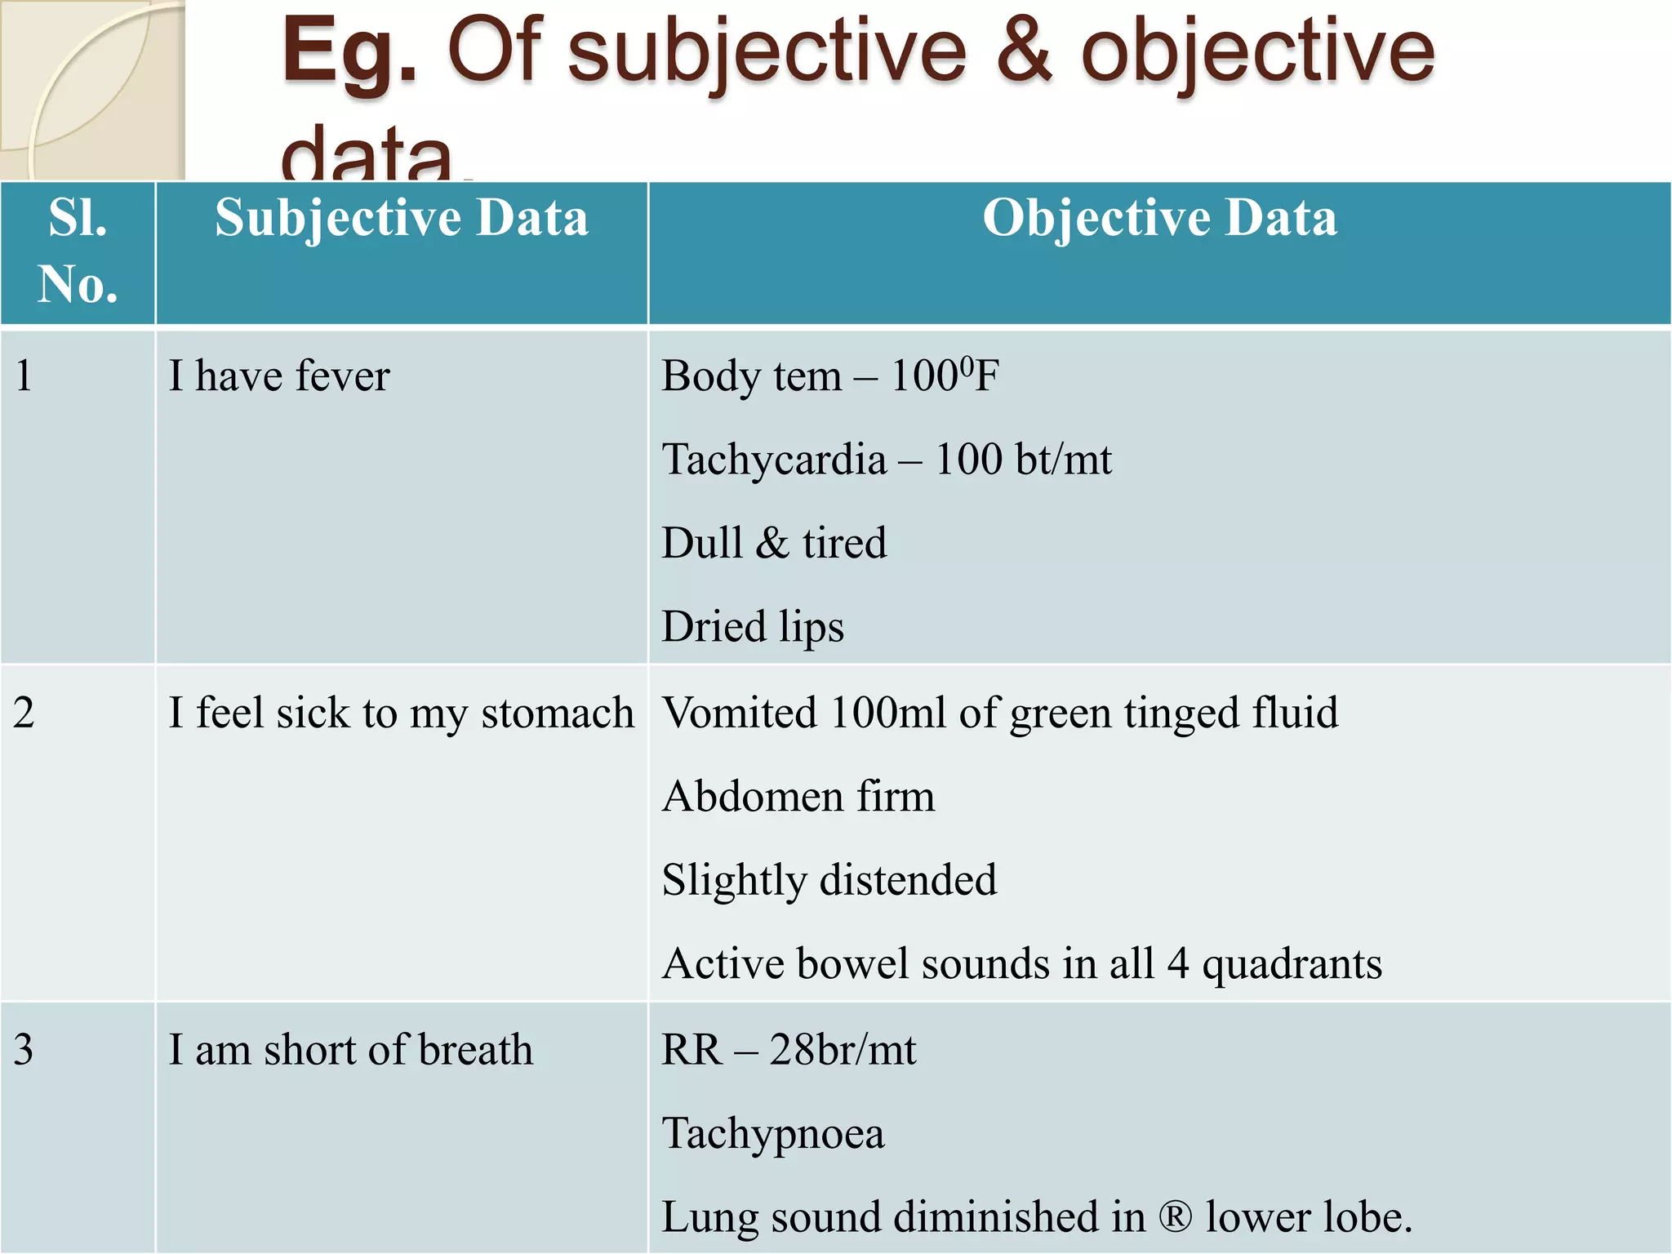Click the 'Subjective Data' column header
pyautogui.click(x=401, y=219)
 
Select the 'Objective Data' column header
pyautogui.click(x=1159, y=219)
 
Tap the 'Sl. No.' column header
pyautogui.click(x=78, y=251)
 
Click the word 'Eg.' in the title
pyautogui.click(x=349, y=54)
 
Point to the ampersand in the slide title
pyautogui.click(x=1024, y=52)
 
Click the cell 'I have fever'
pyautogui.click(x=279, y=376)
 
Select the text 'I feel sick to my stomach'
pyautogui.click(x=401, y=714)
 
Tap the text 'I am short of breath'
pyautogui.click(x=350, y=1050)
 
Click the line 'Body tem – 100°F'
pyautogui.click(x=829, y=376)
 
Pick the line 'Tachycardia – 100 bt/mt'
pyautogui.click(x=886, y=460)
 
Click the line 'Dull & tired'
pyautogui.click(x=773, y=544)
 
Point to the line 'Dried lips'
pyautogui.click(x=752, y=627)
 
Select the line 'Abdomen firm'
pyautogui.click(x=798, y=797)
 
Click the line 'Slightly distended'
pyautogui.click(x=829, y=881)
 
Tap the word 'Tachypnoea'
pyautogui.click(x=772, y=1134)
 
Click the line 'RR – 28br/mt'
pyautogui.click(x=788, y=1050)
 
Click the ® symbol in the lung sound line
pyautogui.click(x=1176, y=1218)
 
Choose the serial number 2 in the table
pyautogui.click(x=24, y=713)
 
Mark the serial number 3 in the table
pyautogui.click(x=24, y=1050)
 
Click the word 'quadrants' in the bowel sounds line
pyautogui.click(x=1292, y=965)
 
